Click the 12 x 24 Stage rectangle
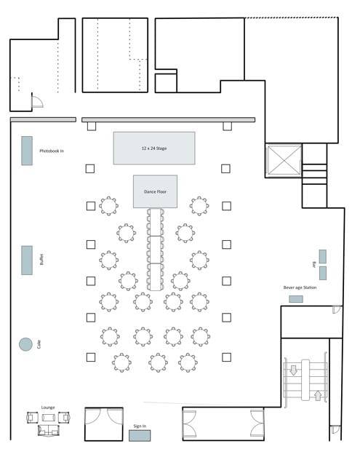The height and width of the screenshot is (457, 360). point(154,148)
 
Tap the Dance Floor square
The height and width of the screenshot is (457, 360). point(155,191)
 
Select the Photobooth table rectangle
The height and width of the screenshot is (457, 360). point(27,151)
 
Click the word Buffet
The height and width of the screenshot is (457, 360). point(41,259)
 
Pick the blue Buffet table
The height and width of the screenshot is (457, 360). point(27,261)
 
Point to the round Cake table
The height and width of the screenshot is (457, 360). point(25,344)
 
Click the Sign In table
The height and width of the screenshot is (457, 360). point(140,435)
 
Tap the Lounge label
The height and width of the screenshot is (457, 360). point(48,408)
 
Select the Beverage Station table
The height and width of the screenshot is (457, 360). point(296,299)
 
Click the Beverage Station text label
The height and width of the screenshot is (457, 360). point(300,287)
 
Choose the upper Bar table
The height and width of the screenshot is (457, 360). point(323,256)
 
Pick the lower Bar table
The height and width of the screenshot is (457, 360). point(323,274)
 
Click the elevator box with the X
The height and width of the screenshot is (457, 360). point(284,160)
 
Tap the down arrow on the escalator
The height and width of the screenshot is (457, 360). point(294,370)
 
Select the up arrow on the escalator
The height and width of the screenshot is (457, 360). point(318,395)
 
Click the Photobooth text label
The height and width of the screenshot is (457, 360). point(52,151)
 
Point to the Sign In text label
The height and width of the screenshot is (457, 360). point(140,426)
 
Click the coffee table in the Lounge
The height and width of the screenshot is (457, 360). point(49,418)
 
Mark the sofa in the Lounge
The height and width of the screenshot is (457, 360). point(49,430)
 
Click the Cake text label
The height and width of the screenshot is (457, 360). point(39,344)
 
